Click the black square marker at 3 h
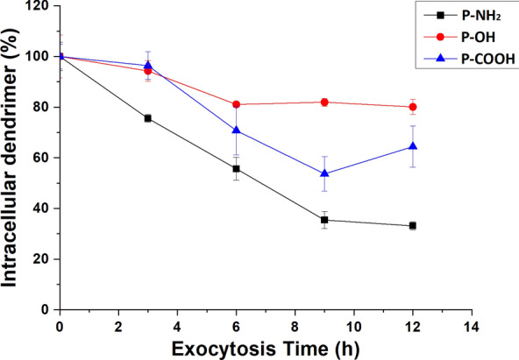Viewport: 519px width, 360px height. coord(147,118)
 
